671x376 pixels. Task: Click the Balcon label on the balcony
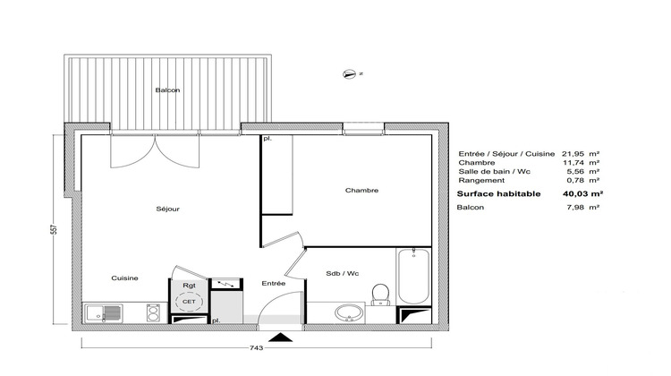coord(167,90)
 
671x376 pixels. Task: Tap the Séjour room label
coord(167,209)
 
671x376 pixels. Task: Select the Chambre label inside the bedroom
coord(361,190)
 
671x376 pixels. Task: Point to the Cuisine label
coord(124,278)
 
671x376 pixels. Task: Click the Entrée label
coord(274,283)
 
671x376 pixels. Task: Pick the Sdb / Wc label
coord(342,273)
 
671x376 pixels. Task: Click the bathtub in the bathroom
coord(413,275)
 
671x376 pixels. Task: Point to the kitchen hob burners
coord(154,313)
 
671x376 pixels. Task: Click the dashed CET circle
coord(189,303)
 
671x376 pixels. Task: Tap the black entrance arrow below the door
coord(283,337)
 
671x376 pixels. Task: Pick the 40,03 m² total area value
coord(582,192)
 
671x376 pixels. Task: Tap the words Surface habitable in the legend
coord(498,192)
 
